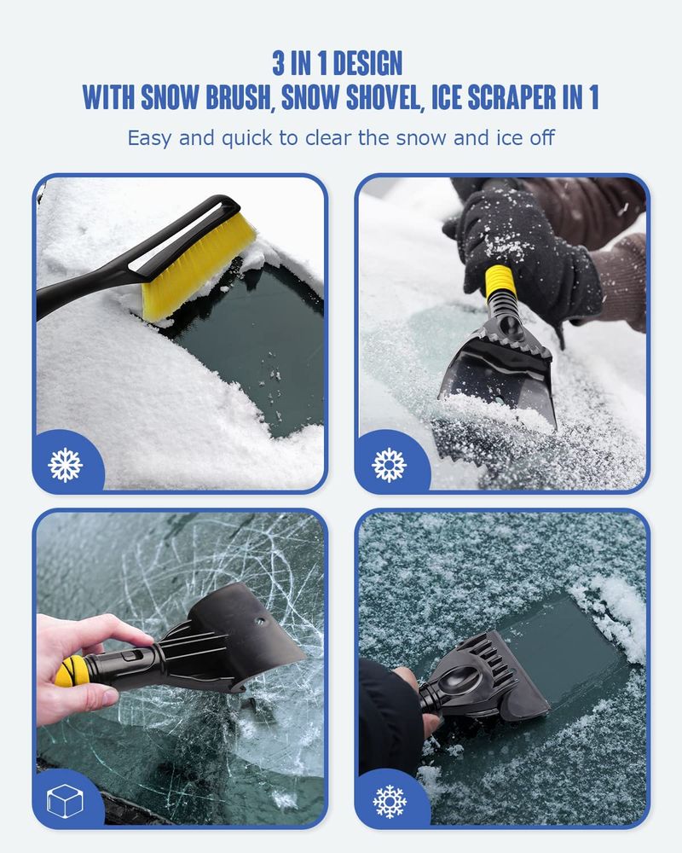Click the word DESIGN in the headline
click(x=367, y=63)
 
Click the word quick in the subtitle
click(x=246, y=138)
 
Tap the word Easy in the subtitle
click(x=149, y=138)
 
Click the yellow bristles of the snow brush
click(x=197, y=266)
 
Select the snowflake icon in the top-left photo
click(x=66, y=465)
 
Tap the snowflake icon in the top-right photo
click(x=389, y=465)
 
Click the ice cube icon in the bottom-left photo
click(x=66, y=800)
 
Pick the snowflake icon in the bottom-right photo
click(x=390, y=801)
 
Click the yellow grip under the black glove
click(x=500, y=281)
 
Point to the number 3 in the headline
click(x=279, y=63)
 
